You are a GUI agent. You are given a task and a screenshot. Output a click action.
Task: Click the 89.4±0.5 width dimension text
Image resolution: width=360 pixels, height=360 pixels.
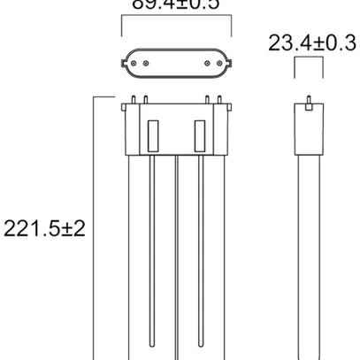pyautogui.click(x=175, y=5)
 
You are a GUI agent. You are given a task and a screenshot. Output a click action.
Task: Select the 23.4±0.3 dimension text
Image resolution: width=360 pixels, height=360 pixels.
pyautogui.click(x=311, y=42)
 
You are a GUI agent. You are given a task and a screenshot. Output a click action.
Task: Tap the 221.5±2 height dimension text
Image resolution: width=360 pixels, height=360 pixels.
pyautogui.click(x=43, y=228)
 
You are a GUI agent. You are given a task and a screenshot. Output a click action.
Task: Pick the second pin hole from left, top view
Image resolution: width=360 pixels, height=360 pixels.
pyautogui.click(x=144, y=64)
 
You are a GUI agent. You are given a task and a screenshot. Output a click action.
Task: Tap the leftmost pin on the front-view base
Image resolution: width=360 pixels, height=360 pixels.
pyautogui.click(x=132, y=99)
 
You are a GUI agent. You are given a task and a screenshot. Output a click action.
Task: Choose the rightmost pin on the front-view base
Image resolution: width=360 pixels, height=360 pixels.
pyautogui.click(x=217, y=99)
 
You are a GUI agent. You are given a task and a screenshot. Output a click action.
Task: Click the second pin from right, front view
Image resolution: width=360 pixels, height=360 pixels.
pyautogui.click(x=206, y=99)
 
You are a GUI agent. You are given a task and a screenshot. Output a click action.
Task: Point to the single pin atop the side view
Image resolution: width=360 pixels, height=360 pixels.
pyautogui.click(x=307, y=101)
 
